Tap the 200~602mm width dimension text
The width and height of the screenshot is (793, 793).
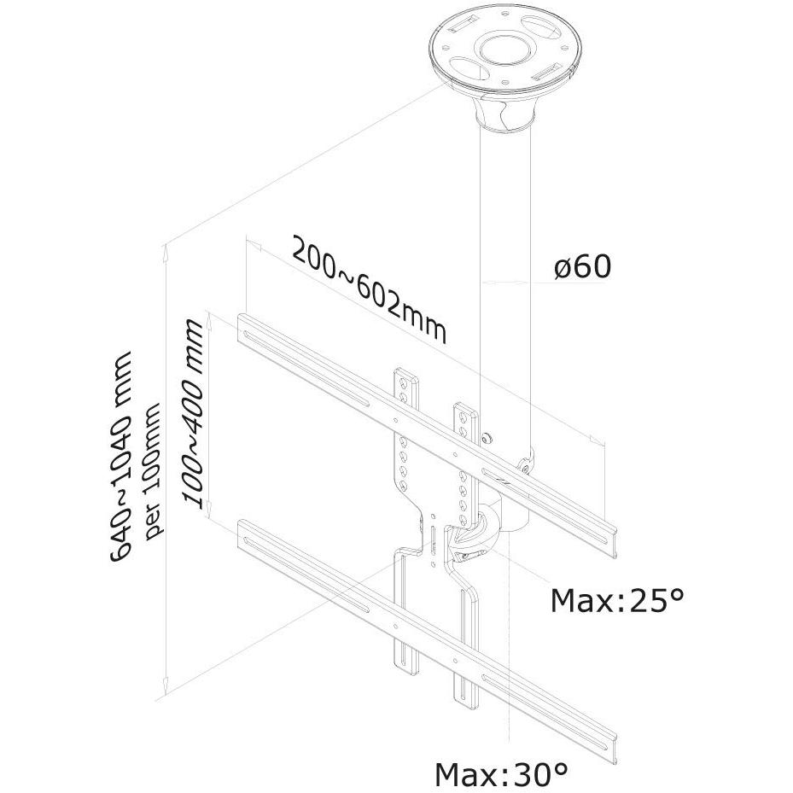pyautogui.click(x=370, y=289)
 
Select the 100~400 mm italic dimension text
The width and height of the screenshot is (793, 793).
pyautogui.click(x=195, y=412)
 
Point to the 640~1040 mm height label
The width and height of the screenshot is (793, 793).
pyautogui.click(x=121, y=455)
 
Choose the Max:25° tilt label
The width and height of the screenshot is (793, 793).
pyautogui.click(x=617, y=600)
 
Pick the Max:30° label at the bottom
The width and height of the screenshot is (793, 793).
pyautogui.click(x=501, y=773)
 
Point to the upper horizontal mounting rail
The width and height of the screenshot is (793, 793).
pyautogui.click(x=428, y=435)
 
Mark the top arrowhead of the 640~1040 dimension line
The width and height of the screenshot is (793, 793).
pyautogui.click(x=165, y=250)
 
